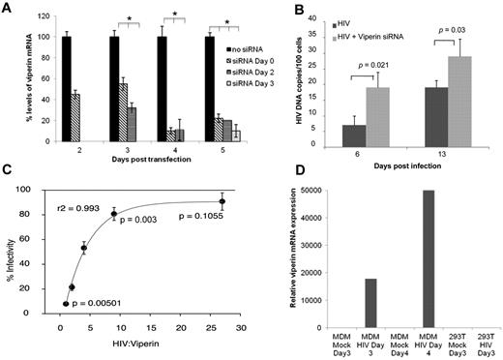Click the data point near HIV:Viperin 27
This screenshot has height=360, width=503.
(x=222, y=203)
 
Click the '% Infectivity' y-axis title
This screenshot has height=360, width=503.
(x=10, y=256)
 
